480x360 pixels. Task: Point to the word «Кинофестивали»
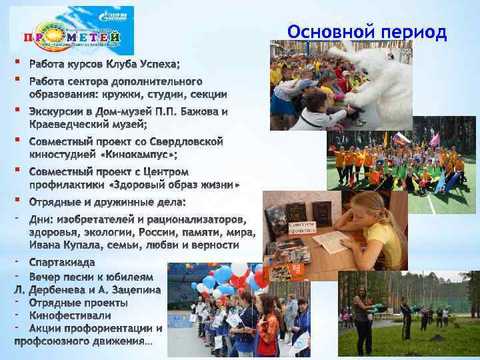point(70,315)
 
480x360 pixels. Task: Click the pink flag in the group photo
point(434,139)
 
